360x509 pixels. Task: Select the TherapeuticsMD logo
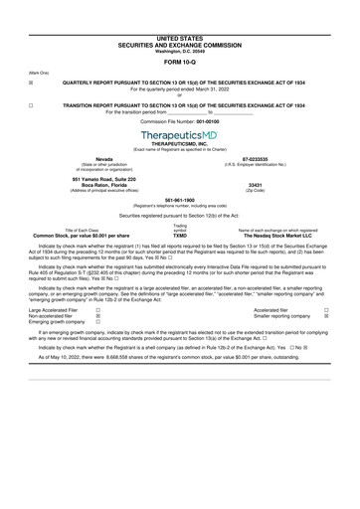coord(179,132)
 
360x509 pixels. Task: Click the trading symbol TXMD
coord(179,234)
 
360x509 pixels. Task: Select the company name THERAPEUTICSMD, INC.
coord(179,143)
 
